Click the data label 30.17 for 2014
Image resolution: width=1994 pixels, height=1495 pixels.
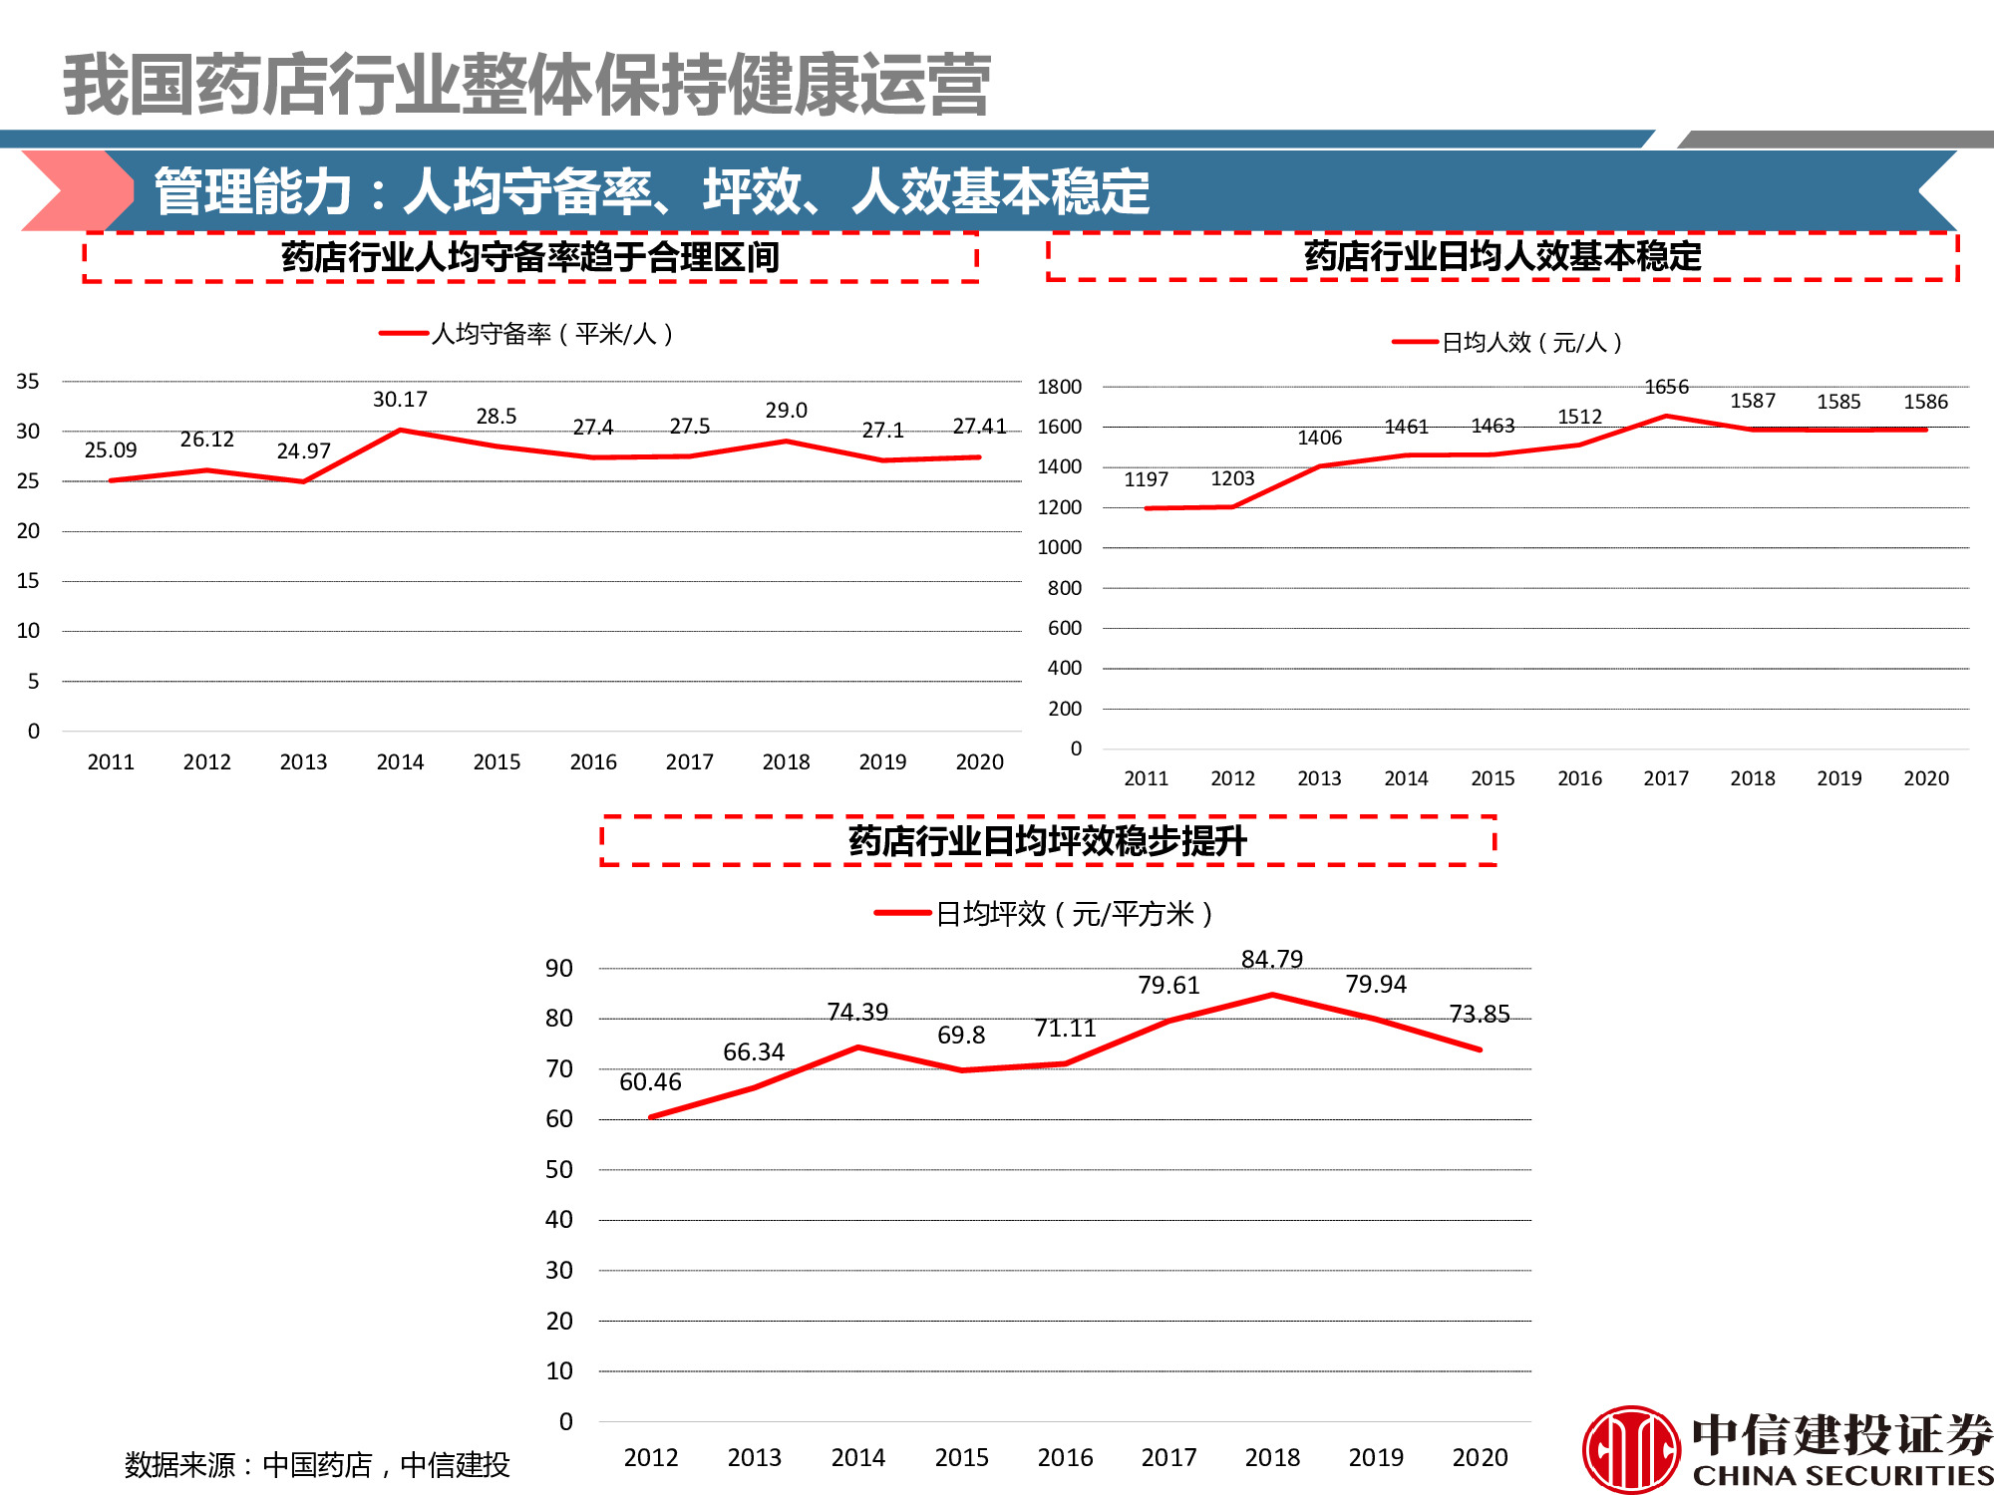[x=400, y=400]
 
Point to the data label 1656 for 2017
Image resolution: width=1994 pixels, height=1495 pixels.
[x=1666, y=387]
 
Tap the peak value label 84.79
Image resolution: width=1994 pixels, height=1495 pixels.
[x=1271, y=959]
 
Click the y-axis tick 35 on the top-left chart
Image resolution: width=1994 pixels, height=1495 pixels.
[x=28, y=381]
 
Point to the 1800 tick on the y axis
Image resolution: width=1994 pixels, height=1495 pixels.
[x=1059, y=387]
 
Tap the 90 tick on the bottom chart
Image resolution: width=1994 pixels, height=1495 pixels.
[x=559, y=968]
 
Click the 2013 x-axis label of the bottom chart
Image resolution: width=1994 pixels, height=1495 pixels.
[x=754, y=1457]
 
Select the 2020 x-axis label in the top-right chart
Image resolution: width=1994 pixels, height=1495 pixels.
[x=1925, y=778]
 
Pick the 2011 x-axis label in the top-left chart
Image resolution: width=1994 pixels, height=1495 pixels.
[x=111, y=762]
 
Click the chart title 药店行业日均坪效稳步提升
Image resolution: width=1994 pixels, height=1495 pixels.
[x=1047, y=841]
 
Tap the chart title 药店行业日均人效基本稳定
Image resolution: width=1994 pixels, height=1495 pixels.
[x=1501, y=257]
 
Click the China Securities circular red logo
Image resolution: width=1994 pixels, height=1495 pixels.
[x=1631, y=1449]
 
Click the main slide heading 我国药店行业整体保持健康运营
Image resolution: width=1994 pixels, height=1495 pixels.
[x=526, y=86]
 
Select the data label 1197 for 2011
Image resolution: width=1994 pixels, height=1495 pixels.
[x=1146, y=479]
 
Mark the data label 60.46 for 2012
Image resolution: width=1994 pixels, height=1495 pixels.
[x=650, y=1081]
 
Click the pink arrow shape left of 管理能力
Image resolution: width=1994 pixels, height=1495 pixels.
[x=75, y=190]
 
